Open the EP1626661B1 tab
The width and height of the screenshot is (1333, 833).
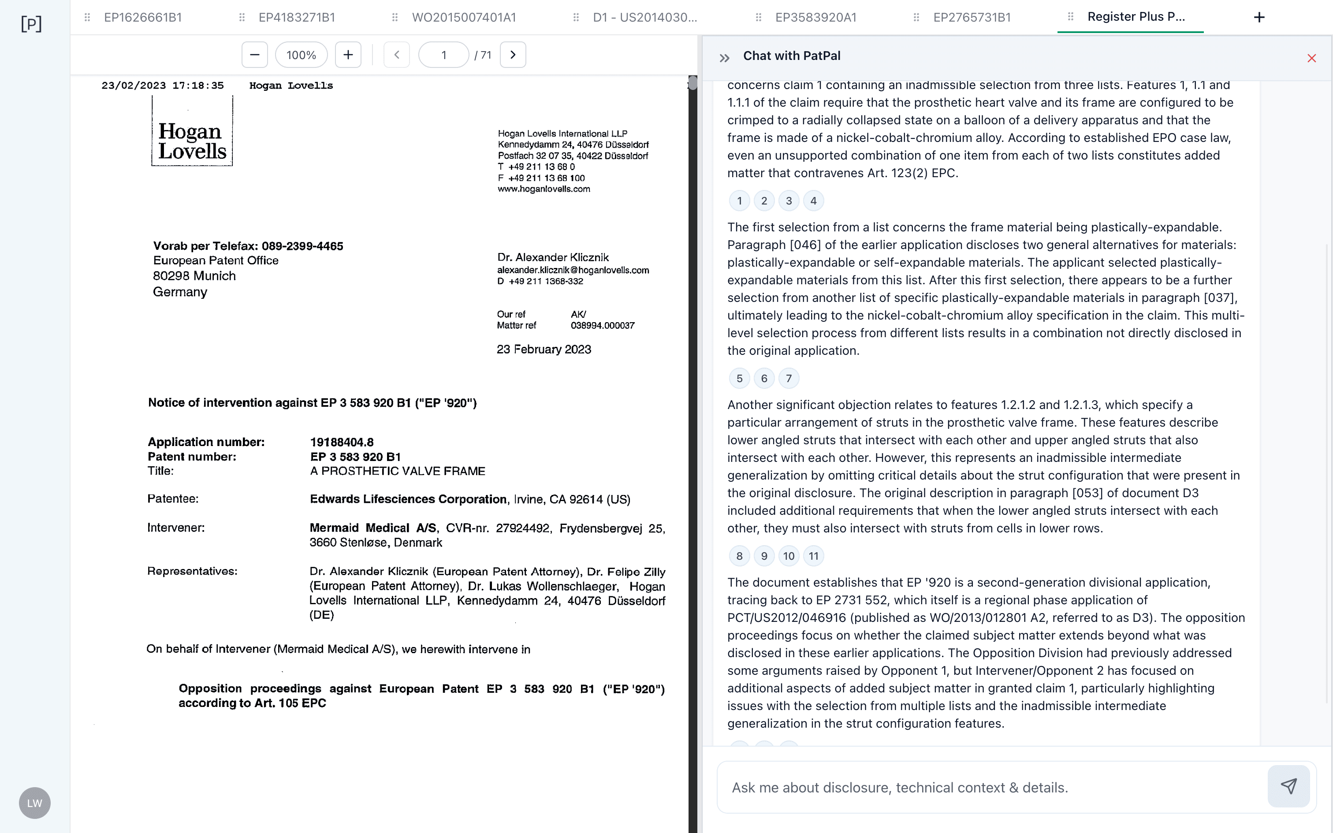[x=143, y=18]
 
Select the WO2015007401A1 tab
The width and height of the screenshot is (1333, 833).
[x=464, y=18]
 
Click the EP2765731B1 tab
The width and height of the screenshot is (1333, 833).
[x=972, y=18]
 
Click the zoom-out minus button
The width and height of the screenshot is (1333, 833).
[x=254, y=55]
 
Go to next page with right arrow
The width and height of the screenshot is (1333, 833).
[x=513, y=55]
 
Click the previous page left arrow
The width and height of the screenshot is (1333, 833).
[x=397, y=55]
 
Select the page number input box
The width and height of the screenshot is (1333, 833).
[x=444, y=55]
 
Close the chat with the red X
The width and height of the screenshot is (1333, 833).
[x=1311, y=58]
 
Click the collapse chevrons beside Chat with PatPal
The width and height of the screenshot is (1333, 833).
[x=724, y=58]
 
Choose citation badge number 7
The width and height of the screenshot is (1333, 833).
[x=789, y=379]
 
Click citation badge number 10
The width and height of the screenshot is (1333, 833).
[x=789, y=556]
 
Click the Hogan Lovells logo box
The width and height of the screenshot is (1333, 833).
[x=192, y=131]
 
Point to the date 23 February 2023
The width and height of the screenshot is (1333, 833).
[x=544, y=349]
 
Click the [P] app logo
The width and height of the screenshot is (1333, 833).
[x=31, y=24]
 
